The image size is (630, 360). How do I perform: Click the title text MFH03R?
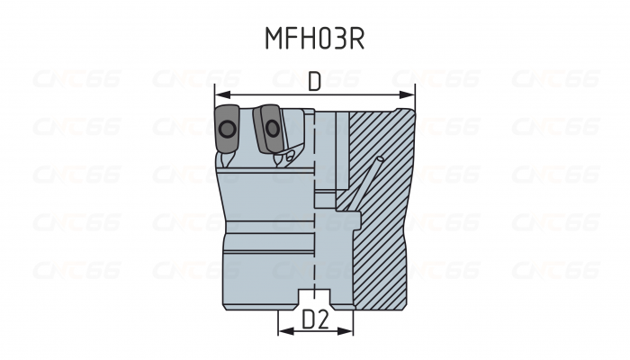[314, 39]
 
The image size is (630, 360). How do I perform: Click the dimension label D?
[314, 82]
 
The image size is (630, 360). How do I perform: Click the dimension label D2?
[314, 319]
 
